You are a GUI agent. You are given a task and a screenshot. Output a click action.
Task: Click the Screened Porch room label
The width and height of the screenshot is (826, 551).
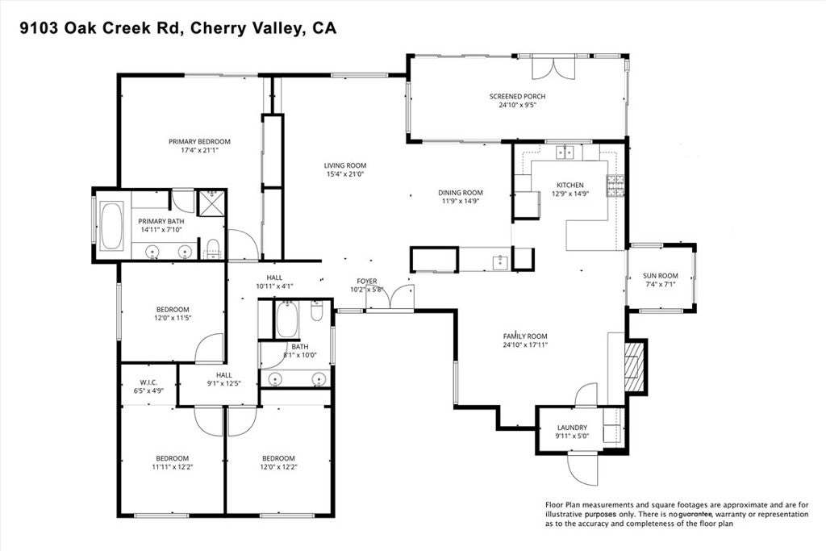[x=517, y=97]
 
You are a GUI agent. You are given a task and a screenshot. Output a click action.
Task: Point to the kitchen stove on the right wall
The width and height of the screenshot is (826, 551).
[x=616, y=186]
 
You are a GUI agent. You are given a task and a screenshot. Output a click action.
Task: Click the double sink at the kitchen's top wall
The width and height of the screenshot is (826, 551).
[x=563, y=152]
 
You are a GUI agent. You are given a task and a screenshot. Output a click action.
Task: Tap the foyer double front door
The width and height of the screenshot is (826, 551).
[x=390, y=298]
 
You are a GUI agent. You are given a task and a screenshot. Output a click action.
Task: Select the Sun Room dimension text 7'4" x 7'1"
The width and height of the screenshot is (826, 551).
[x=660, y=284]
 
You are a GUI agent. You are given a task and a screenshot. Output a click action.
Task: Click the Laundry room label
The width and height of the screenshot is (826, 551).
[x=572, y=428]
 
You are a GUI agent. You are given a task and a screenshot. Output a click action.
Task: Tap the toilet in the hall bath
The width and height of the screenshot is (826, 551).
[x=317, y=310]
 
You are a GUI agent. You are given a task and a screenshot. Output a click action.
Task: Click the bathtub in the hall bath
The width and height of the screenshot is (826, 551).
[x=286, y=320]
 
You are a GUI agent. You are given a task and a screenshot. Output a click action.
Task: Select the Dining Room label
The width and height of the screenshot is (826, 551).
[x=460, y=193]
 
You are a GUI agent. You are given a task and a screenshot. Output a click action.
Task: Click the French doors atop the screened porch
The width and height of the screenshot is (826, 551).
[x=554, y=66]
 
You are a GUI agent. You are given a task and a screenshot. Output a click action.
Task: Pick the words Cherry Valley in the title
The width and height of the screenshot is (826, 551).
[x=260, y=28]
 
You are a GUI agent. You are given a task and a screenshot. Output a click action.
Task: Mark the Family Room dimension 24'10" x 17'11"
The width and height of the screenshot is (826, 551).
[x=525, y=344]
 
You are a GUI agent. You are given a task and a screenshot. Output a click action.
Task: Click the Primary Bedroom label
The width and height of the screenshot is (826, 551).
[x=199, y=141]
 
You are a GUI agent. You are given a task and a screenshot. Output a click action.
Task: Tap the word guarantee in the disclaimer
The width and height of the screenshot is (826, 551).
[x=699, y=514]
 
